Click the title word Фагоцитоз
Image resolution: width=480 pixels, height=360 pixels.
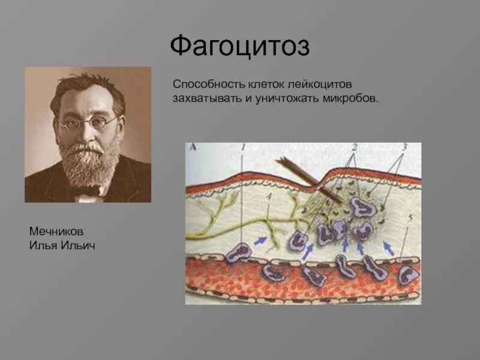[x=240, y=47]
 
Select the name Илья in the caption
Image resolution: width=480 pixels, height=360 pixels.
[x=41, y=245]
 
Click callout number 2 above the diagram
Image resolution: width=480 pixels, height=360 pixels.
[x=355, y=146]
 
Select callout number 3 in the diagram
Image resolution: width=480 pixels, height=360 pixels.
[x=404, y=146]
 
